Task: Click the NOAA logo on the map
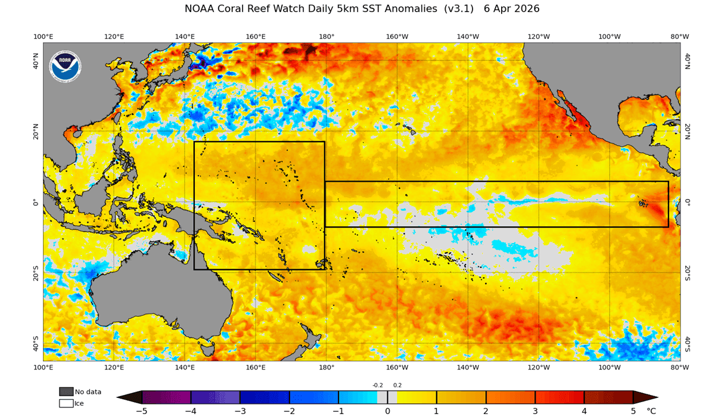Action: click(65, 66)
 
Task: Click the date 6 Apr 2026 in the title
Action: click(512, 9)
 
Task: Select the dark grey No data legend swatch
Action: click(66, 391)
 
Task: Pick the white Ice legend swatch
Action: click(66, 403)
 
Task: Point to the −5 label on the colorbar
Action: click(141, 411)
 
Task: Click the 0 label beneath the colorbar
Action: click(387, 411)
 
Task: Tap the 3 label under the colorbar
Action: click(535, 411)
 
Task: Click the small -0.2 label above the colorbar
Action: click(378, 385)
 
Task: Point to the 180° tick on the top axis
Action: click(326, 36)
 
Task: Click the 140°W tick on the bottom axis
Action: click(468, 368)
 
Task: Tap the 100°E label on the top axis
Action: click(43, 36)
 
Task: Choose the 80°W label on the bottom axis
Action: click(680, 368)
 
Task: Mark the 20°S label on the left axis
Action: click(35, 273)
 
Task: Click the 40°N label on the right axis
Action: click(687, 60)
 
